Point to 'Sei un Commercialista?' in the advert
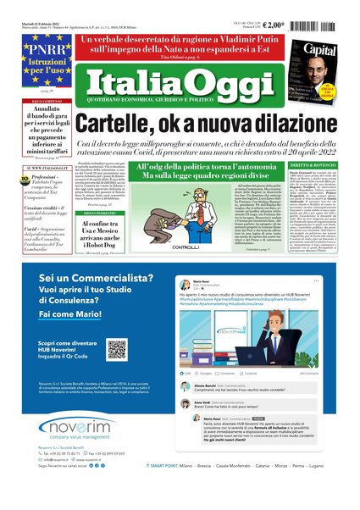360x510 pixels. click(x=94, y=279)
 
